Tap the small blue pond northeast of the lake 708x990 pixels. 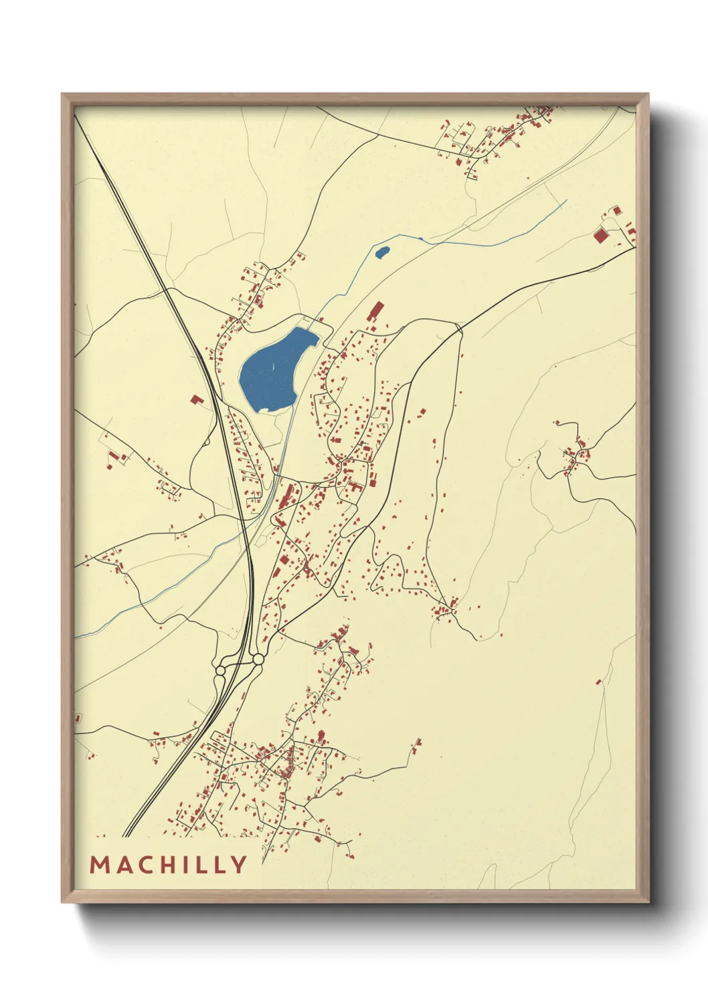[x=381, y=253]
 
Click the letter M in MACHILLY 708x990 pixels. [x=100, y=865]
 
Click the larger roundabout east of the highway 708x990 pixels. [x=258, y=660]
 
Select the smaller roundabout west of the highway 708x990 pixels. [x=219, y=670]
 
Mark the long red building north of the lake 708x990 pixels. [x=375, y=312]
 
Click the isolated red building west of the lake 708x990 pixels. [x=197, y=399]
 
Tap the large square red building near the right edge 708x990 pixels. [x=600, y=235]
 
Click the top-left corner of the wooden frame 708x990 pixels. [x=62, y=94]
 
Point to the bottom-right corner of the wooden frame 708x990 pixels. [x=648, y=902]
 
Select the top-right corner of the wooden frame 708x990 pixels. [x=648, y=94]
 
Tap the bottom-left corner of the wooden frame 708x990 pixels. [x=62, y=902]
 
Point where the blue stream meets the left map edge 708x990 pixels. [x=75, y=637]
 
